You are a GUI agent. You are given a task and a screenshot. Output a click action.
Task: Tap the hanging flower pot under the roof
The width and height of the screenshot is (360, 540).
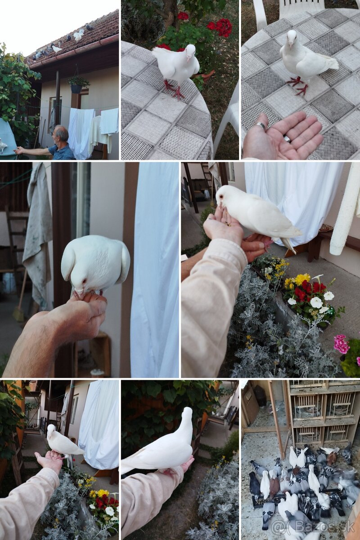pos(76,89)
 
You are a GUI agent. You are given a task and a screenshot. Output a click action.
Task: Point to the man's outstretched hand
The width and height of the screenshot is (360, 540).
pos(18,151)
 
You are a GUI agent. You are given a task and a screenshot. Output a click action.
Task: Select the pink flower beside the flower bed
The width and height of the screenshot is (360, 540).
pos(341,343)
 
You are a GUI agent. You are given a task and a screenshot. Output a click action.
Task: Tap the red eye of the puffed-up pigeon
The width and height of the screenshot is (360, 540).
pos(84,281)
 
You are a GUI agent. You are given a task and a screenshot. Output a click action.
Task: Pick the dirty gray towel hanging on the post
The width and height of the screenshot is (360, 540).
pos(37,231)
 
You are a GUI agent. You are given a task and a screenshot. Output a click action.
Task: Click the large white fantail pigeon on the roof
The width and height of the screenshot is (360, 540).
pos(78,36)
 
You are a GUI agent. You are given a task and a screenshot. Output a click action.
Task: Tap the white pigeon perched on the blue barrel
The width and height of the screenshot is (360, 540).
pos(3,146)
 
